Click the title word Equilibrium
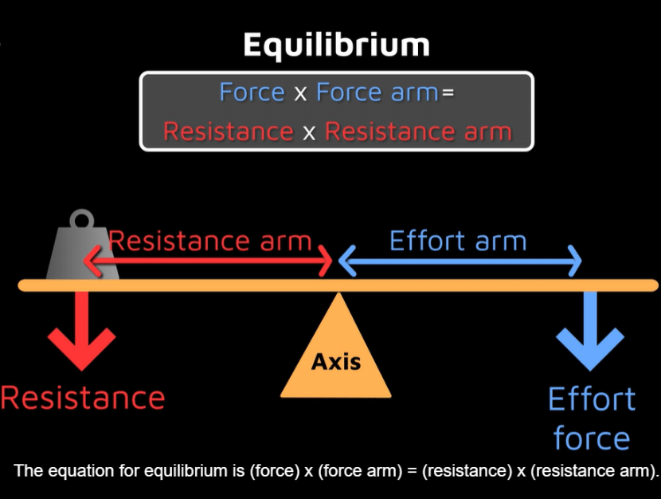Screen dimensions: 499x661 (335, 45)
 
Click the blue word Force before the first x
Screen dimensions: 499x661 (252, 92)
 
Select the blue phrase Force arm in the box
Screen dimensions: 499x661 (377, 92)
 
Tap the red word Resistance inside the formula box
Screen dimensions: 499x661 (228, 131)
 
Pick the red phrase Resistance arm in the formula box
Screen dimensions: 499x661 (418, 131)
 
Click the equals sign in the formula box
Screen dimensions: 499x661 (448, 92)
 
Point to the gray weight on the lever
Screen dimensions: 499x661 (83, 253)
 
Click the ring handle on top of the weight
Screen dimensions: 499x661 (81, 219)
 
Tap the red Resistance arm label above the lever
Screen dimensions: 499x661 (209, 241)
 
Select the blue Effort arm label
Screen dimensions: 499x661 (458, 241)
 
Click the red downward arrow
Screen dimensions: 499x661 (80, 331)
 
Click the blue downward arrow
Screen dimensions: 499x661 (590, 331)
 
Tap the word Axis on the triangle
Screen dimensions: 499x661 (336, 362)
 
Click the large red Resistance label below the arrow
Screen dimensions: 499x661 (83, 397)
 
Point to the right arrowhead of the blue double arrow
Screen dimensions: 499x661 (575, 261)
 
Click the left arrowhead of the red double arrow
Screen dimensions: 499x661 (90, 261)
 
